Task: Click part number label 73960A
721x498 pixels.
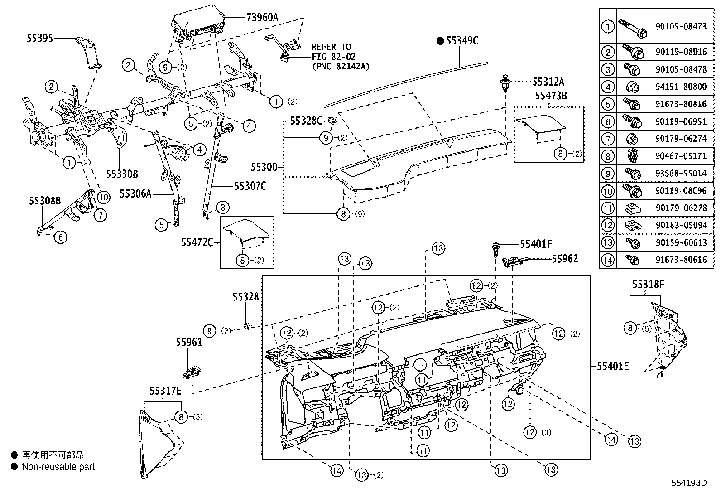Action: (262, 18)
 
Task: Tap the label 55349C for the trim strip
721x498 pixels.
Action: (461, 41)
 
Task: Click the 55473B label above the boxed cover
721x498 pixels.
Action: (551, 96)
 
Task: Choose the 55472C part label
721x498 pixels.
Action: (197, 243)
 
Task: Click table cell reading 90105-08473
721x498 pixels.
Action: (681, 26)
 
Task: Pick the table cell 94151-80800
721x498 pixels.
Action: (681, 86)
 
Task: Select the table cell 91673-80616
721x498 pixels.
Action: (681, 260)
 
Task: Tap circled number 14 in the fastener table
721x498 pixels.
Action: (607, 260)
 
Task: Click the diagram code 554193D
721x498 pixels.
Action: (689, 483)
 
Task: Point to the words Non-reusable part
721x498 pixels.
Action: (58, 467)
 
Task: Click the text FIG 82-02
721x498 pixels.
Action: (333, 57)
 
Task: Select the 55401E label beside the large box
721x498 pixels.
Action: (612, 366)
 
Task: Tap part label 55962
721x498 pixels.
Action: (565, 259)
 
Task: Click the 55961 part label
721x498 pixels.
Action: (189, 343)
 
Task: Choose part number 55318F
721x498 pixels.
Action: (648, 285)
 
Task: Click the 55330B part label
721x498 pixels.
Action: (122, 174)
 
